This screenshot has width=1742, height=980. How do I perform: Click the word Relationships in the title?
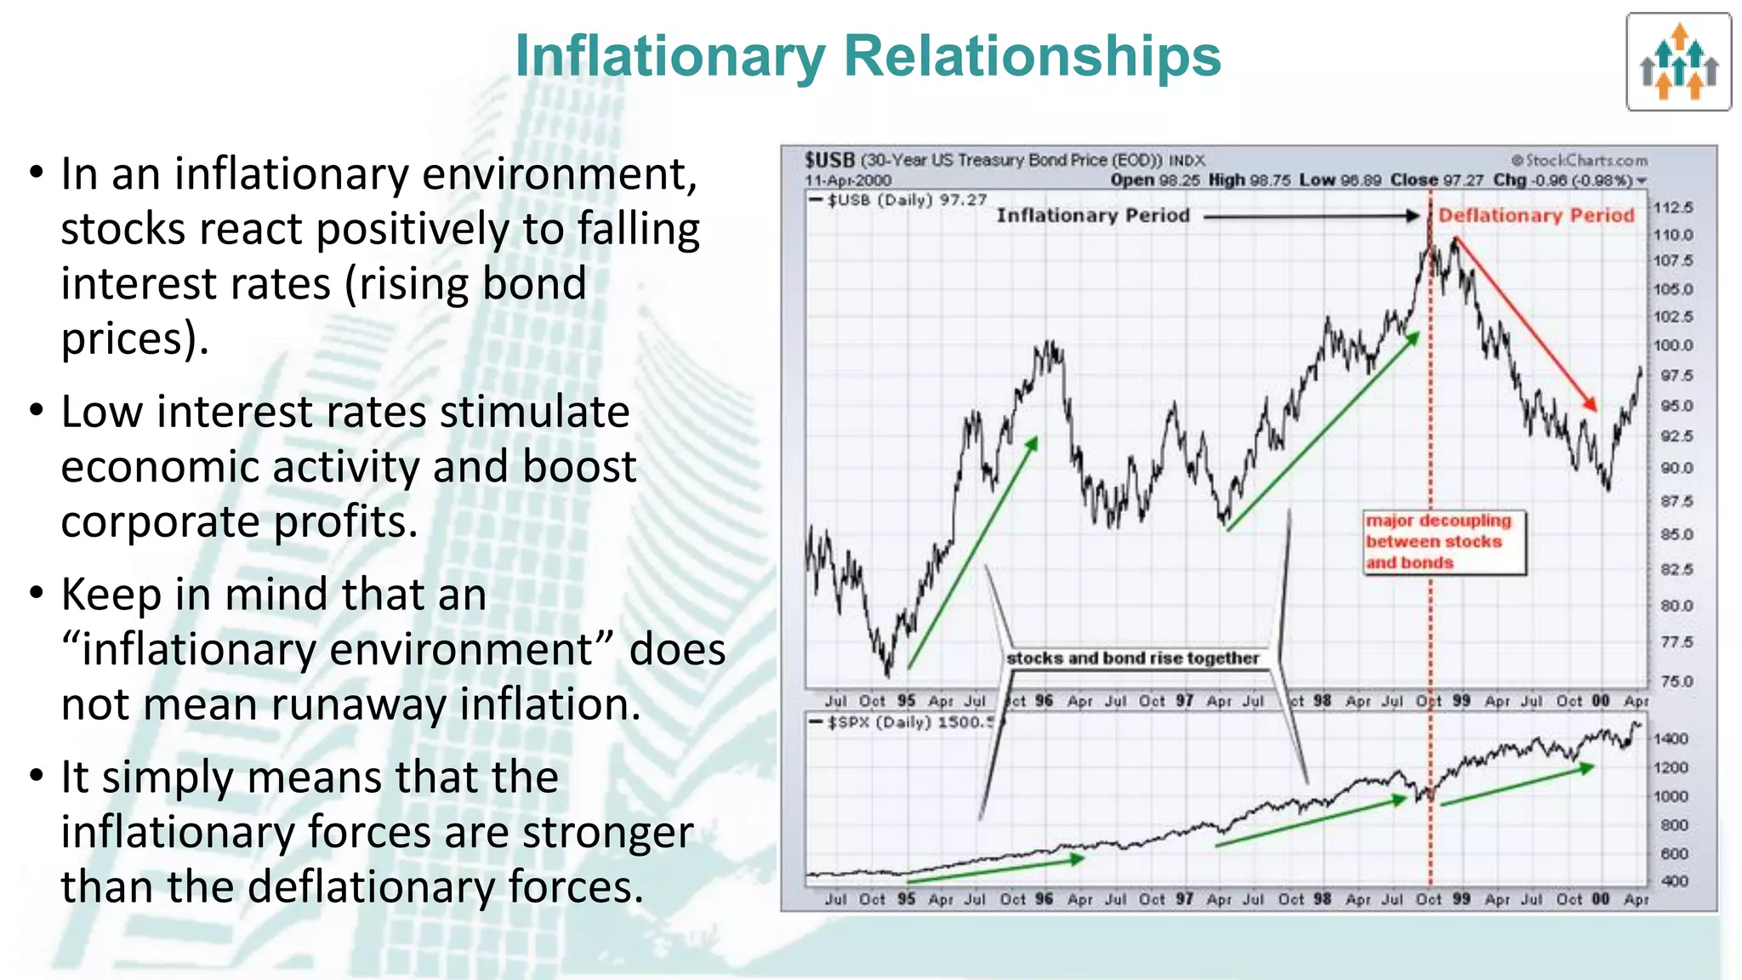(1032, 56)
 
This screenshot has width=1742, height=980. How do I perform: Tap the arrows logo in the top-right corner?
(1678, 62)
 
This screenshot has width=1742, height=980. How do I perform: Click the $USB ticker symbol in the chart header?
(829, 160)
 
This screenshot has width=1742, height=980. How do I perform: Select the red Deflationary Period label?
(1536, 215)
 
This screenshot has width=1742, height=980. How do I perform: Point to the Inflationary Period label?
(1093, 215)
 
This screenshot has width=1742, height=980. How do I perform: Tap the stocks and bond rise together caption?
(1132, 658)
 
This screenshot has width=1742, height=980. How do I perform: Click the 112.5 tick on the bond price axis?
(1672, 208)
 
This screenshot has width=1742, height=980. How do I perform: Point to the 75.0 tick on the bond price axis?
(1676, 681)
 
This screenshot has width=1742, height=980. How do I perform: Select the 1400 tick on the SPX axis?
(1671, 738)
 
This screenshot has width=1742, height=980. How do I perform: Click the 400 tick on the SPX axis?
(1674, 881)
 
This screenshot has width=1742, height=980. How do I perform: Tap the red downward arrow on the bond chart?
(1524, 325)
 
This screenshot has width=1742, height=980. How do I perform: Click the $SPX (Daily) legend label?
(880, 722)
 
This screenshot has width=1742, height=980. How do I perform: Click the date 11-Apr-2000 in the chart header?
(848, 180)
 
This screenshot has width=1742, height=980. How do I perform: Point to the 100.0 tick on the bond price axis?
(1672, 345)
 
